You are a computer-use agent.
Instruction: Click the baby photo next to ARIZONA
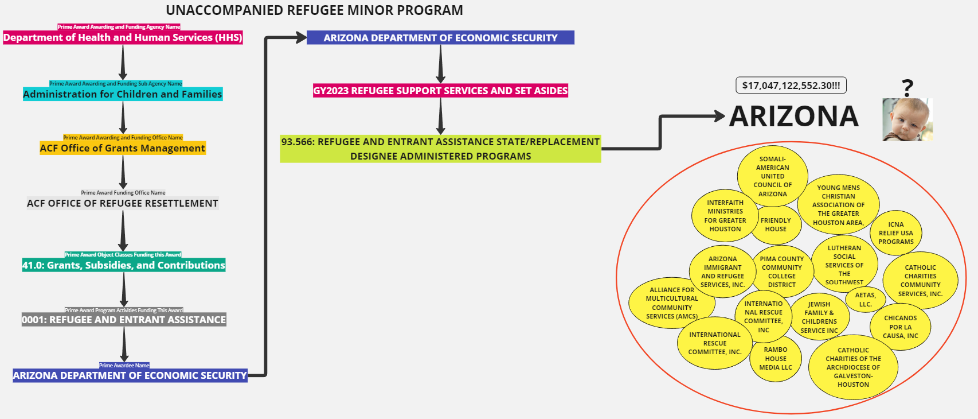pos(907,119)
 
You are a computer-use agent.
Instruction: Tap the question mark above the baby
pos(907,88)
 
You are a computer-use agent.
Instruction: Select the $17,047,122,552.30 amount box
pos(791,86)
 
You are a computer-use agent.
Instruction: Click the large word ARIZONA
pos(794,117)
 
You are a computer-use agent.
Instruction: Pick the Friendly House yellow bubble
pos(776,225)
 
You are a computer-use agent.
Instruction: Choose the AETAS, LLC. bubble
pos(865,300)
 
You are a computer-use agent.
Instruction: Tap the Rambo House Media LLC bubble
pos(776,359)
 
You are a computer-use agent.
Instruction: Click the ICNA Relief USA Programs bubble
pos(896,233)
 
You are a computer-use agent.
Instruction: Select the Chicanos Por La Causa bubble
pos(900,327)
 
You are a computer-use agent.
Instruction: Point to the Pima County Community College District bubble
pos(782,271)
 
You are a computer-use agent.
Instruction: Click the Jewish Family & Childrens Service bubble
pos(819,317)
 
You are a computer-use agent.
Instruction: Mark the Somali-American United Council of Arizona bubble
pos(772,176)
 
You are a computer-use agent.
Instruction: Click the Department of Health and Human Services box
pos(123,38)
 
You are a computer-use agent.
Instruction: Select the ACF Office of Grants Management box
pos(123,148)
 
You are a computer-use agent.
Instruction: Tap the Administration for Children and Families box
pos(123,94)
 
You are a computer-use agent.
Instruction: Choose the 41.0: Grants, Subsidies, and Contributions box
pos(124,265)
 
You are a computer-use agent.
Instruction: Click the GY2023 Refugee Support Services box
pos(440,91)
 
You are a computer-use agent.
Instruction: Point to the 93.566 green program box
pos(440,149)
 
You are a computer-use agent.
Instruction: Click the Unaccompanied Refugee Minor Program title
pos(314,10)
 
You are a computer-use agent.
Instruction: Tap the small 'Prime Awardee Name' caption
pos(124,366)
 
